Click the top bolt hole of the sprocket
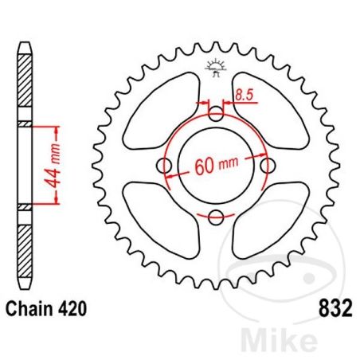216,113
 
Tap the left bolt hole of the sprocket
166,165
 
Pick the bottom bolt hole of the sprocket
216,217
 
